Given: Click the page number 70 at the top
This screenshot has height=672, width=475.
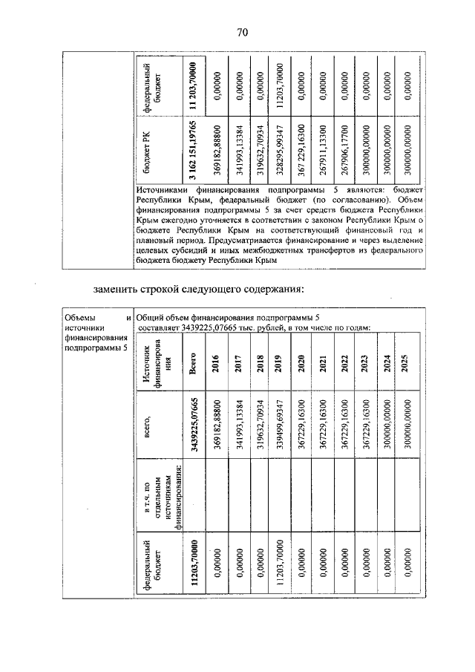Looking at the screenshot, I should pyautogui.click(x=242, y=31).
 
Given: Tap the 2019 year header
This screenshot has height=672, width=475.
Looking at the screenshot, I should pyautogui.click(x=279, y=365).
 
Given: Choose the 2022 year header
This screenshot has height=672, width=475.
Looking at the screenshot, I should pyautogui.click(x=344, y=365).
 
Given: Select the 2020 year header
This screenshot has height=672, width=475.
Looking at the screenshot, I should pyautogui.click(x=301, y=365).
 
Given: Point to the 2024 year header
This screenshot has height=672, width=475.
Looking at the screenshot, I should pyautogui.click(x=387, y=365).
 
